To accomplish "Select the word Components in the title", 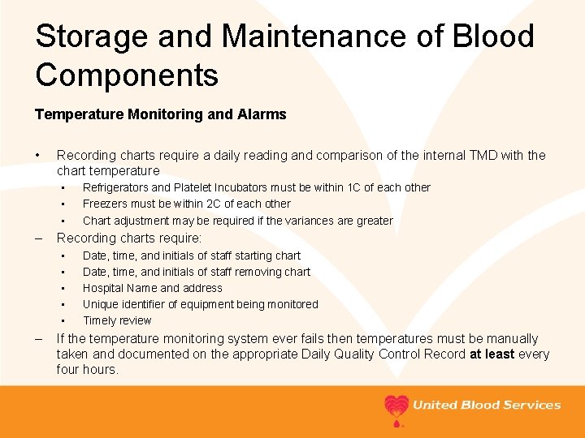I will [x=127, y=75].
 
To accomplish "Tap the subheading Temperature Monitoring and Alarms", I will [x=161, y=114].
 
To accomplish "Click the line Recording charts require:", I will [x=128, y=238].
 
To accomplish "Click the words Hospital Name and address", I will [x=152, y=288].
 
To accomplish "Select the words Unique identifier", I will [x=123, y=304].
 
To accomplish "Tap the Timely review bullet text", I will [x=117, y=320].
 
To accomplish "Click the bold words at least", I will [x=492, y=354].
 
